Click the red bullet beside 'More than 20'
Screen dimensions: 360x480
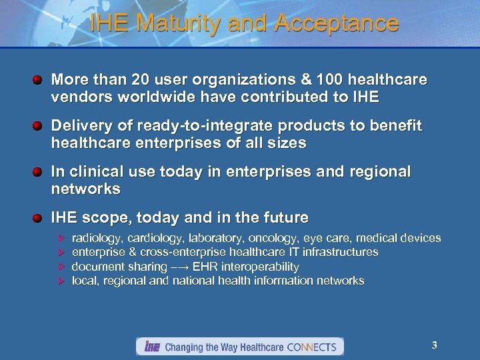point(39,80)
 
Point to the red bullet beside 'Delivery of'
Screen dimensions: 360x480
point(39,126)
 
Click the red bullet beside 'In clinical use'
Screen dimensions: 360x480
point(39,172)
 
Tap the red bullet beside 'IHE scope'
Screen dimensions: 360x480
point(39,218)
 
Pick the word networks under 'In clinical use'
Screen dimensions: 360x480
point(85,189)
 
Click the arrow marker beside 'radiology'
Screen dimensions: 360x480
point(61,238)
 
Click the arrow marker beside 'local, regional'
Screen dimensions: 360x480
point(61,281)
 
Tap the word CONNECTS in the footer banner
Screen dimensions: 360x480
point(311,347)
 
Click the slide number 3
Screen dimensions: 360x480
point(434,345)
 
